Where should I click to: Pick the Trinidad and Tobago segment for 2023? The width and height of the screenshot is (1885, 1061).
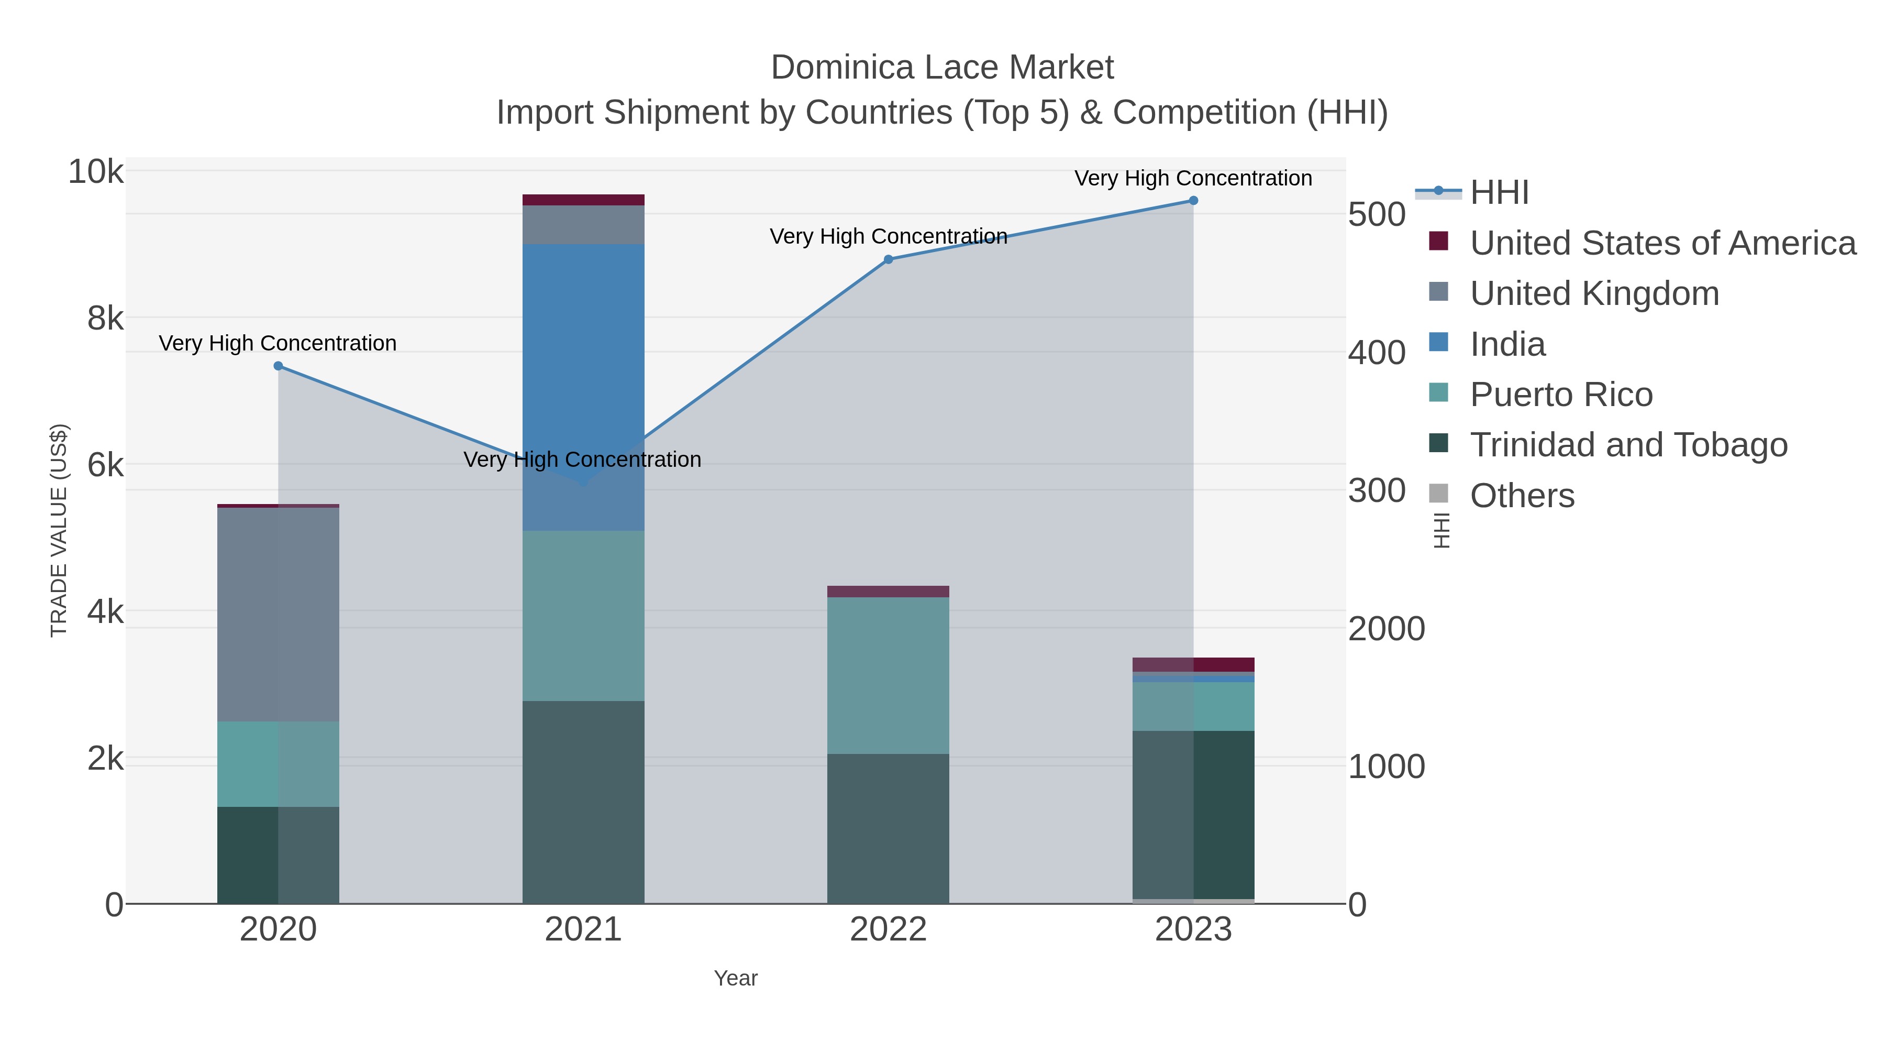pyautogui.click(x=1193, y=814)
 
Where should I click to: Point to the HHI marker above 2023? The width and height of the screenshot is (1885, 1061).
pyautogui.click(x=1193, y=201)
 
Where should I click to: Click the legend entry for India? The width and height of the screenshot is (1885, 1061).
pyautogui.click(x=1507, y=344)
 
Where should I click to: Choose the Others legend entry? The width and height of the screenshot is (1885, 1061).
pyautogui.click(x=1522, y=496)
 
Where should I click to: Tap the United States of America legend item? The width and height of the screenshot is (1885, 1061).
pyautogui.click(x=1661, y=243)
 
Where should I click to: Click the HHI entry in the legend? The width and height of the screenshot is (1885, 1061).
pyautogui.click(x=1499, y=193)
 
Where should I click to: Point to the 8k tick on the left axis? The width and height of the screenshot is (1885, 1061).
pyautogui.click(x=105, y=319)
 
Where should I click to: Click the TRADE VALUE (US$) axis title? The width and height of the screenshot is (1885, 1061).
pyautogui.click(x=59, y=530)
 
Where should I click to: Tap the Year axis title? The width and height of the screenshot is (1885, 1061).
pyautogui.click(x=736, y=978)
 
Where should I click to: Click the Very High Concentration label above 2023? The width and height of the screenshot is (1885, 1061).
pyautogui.click(x=1193, y=178)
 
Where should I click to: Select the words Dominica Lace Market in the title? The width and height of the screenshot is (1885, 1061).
pyautogui.click(x=942, y=68)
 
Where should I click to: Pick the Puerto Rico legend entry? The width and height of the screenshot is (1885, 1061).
pyautogui.click(x=1560, y=395)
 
